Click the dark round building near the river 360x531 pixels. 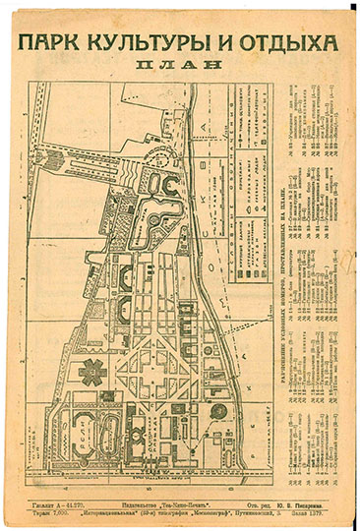point(218,412)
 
